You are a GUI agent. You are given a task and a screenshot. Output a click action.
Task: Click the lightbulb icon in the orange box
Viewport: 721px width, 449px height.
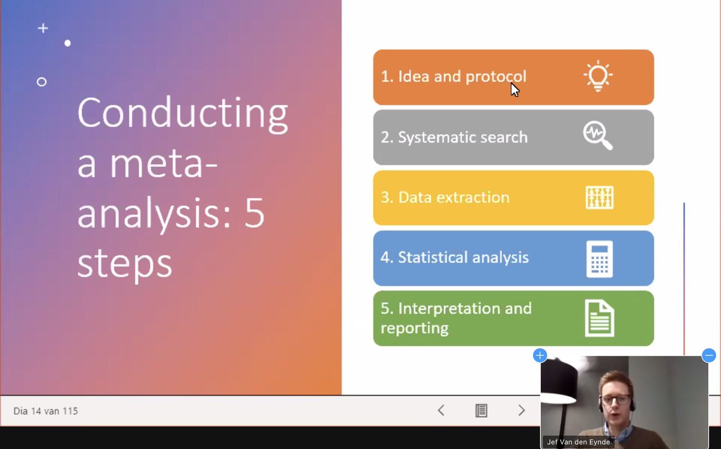point(598,77)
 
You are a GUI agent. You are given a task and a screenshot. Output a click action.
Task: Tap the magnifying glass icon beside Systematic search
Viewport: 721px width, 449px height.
point(598,136)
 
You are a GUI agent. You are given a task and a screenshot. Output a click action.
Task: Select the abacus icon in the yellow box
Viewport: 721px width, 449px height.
point(600,198)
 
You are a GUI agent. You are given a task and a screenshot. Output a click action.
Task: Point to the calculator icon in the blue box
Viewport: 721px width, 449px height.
point(600,259)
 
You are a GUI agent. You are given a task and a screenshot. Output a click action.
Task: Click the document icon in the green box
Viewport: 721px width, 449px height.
point(600,319)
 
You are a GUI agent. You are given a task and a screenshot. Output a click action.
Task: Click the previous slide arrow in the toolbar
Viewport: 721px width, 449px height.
point(441,411)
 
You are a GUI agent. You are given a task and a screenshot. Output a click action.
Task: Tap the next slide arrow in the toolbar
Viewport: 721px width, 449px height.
point(522,411)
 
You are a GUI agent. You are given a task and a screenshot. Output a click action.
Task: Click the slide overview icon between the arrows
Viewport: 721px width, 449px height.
point(481,411)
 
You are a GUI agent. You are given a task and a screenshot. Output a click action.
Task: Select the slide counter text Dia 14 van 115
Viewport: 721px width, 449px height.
point(46,411)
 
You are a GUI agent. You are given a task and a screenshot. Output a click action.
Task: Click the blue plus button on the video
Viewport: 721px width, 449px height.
point(540,355)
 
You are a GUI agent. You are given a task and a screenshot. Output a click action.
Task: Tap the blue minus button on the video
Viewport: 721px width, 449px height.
point(709,355)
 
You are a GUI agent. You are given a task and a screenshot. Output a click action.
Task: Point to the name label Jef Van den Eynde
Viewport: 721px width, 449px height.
point(579,442)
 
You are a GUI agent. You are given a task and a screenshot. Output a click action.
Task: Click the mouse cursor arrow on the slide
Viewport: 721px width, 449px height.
point(514,90)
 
